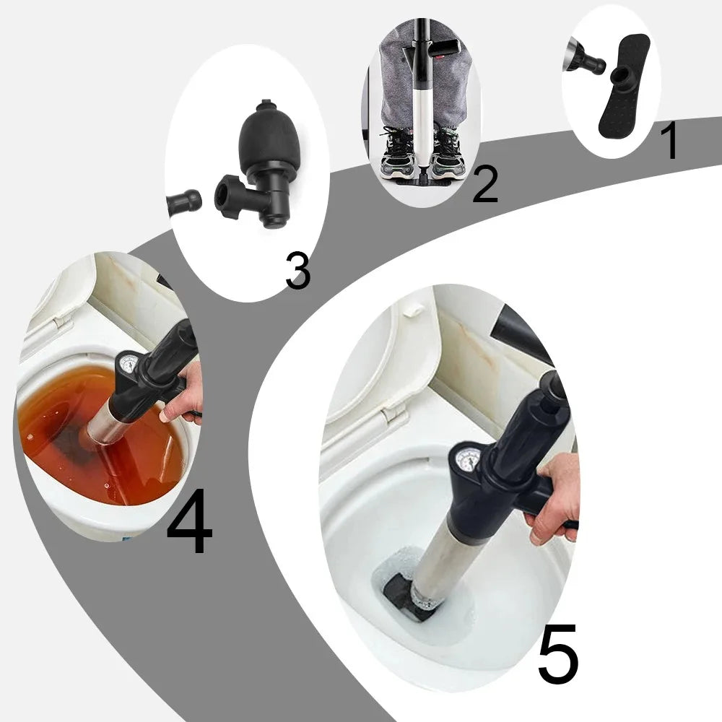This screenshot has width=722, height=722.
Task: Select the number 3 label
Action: click(x=297, y=271)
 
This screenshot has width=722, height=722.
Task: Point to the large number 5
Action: click(x=558, y=656)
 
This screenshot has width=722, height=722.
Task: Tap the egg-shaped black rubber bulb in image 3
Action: click(x=267, y=141)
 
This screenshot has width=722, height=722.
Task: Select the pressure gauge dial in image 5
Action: click(x=469, y=459)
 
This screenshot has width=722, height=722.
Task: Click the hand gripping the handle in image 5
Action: click(x=557, y=498)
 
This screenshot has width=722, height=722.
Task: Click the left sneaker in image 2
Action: click(x=398, y=150)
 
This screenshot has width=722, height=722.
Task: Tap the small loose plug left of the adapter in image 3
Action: click(x=183, y=203)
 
